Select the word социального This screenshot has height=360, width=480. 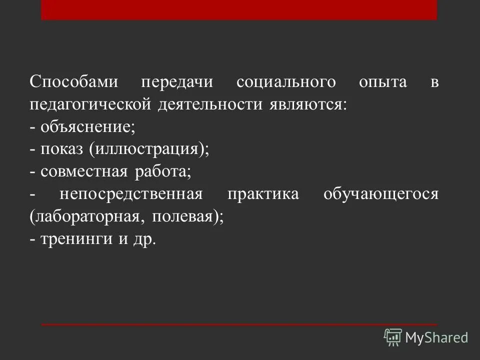pyautogui.click(x=285, y=82)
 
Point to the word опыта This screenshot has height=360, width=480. pyautogui.click(x=383, y=82)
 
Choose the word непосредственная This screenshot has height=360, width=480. pyautogui.click(x=130, y=194)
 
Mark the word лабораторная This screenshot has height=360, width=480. pyautogui.click(x=88, y=217)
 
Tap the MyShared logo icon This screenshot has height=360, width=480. pyautogui.click(x=393, y=337)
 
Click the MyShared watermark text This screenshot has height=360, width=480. pyautogui.click(x=436, y=338)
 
